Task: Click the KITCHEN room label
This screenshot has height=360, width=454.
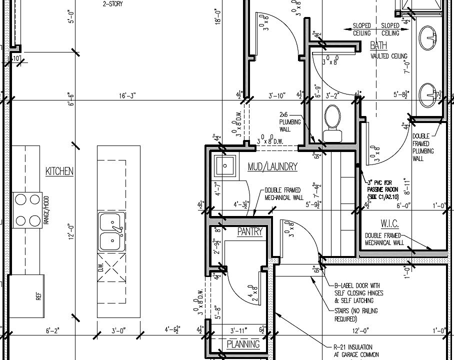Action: click(59, 171)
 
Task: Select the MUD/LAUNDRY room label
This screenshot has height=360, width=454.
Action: click(272, 167)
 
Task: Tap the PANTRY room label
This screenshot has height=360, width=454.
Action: click(249, 232)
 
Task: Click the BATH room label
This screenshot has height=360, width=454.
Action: click(378, 46)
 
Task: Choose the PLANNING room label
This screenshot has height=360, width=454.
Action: click(243, 344)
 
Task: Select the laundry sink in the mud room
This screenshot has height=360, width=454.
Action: click(225, 165)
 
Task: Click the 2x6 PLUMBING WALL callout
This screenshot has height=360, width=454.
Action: click(290, 121)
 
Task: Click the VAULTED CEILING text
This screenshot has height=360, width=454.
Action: click(389, 56)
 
